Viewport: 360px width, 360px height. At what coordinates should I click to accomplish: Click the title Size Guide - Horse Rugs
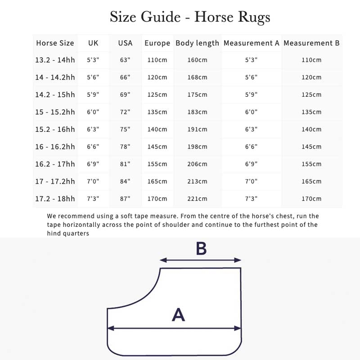coord(190,17)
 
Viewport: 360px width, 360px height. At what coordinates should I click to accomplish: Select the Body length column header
coord(197,43)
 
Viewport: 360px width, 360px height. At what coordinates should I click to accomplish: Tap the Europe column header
coord(157,43)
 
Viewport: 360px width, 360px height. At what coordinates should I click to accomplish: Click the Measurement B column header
coord(311,43)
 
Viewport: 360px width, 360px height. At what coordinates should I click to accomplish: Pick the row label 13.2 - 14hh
coord(55,60)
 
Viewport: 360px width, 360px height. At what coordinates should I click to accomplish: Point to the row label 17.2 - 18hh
coord(55,198)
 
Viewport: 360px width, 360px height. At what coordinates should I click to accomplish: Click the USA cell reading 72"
coord(125,112)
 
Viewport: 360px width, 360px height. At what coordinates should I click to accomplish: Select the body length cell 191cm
coord(197,129)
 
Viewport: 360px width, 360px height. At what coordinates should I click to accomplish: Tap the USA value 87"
coord(125,198)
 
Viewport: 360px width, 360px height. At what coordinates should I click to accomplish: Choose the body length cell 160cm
coord(197,60)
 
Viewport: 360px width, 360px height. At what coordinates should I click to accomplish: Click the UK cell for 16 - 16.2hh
coord(93,147)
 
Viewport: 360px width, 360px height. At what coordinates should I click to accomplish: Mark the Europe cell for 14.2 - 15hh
coord(157,94)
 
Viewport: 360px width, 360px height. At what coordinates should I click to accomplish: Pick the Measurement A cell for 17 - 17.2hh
coord(251,181)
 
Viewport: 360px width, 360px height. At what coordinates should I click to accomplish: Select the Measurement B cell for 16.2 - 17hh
coord(311,164)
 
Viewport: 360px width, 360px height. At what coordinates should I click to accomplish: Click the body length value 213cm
coord(197,181)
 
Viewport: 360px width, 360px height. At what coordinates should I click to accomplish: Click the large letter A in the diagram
coord(178,315)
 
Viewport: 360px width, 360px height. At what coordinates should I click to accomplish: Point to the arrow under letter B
coord(201,260)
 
